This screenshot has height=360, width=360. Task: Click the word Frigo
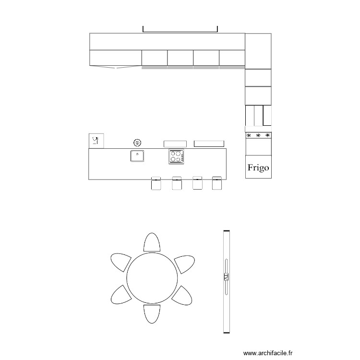click(258, 168)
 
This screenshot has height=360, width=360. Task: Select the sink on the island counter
click(137, 156)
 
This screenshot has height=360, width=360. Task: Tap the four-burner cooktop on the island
click(176, 156)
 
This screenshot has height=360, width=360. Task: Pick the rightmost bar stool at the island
click(216, 183)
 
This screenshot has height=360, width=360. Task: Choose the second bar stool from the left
click(177, 183)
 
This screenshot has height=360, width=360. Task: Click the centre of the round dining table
click(152, 277)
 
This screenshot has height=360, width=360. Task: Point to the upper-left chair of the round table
click(121, 262)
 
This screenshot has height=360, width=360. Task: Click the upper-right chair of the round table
click(184, 263)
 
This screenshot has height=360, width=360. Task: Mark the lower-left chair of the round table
click(120, 294)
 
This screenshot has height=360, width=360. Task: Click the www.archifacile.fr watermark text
click(268, 353)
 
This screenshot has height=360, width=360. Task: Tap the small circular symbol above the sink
click(137, 142)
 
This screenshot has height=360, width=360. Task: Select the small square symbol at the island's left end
click(96, 141)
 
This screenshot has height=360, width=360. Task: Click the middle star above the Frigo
click(258, 135)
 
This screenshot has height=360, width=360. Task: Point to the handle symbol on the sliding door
click(226, 277)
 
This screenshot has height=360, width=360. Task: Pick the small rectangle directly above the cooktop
click(175, 144)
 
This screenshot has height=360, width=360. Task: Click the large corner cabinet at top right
click(258, 51)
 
